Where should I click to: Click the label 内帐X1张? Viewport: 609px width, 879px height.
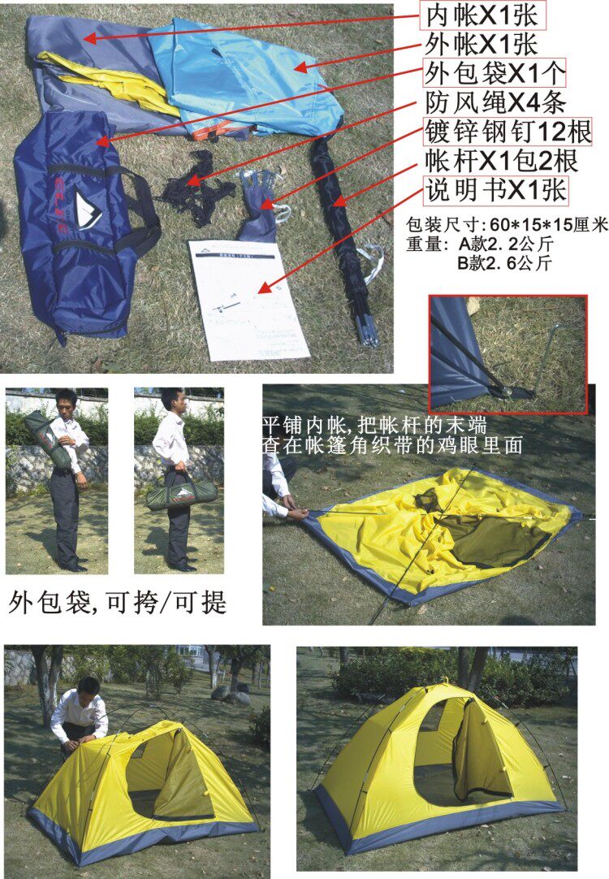coord(483,16)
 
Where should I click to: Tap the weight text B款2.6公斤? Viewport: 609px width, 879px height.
coord(505,262)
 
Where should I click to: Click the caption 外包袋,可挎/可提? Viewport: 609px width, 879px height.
coord(118,603)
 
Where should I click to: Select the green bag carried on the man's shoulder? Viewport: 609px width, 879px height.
coord(48,440)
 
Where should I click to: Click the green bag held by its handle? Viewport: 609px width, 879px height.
coord(182,493)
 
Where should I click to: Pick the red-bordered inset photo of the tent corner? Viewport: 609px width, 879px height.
coord(508,354)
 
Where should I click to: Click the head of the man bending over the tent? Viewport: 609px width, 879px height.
coord(89,686)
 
